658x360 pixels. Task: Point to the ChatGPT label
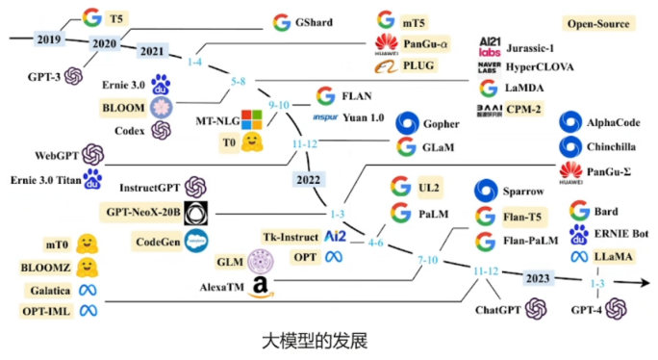497,310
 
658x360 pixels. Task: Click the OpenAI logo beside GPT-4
618,309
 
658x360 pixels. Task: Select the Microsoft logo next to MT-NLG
252,119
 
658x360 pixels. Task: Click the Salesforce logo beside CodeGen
197,240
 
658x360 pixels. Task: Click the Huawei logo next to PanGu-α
387,43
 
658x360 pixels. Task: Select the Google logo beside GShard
282,22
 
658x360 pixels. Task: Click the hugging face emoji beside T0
252,141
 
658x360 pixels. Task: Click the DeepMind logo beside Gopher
408,123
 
